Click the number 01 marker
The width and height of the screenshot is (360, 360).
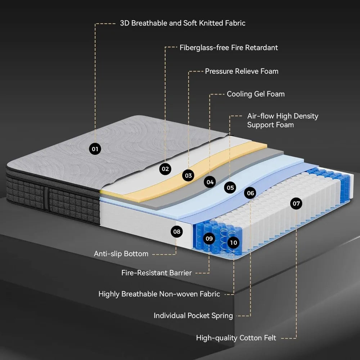[95, 148]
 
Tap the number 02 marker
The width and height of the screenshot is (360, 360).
[165, 168]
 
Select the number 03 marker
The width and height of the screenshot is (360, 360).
[188, 175]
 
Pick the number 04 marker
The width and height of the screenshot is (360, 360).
[210, 182]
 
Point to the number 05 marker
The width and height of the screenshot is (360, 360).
[230, 187]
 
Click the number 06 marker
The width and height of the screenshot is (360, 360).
[251, 193]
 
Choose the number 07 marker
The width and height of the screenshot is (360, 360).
[296, 204]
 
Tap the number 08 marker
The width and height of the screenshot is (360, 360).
[176, 231]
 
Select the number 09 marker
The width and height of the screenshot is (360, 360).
[209, 238]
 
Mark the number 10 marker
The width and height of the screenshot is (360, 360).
[233, 243]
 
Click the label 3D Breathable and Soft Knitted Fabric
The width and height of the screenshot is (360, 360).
[183, 23]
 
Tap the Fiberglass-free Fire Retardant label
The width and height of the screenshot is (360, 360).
[229, 48]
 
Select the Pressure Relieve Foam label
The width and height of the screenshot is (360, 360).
[242, 71]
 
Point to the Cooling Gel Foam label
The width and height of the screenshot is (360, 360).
[256, 94]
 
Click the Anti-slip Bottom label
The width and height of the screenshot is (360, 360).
[121, 254]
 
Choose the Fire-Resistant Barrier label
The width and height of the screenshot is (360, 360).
[157, 273]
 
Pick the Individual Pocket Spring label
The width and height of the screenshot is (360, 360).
[193, 316]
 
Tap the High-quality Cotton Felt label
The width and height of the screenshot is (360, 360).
[236, 338]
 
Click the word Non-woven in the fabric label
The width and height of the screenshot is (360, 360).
[177, 294]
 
